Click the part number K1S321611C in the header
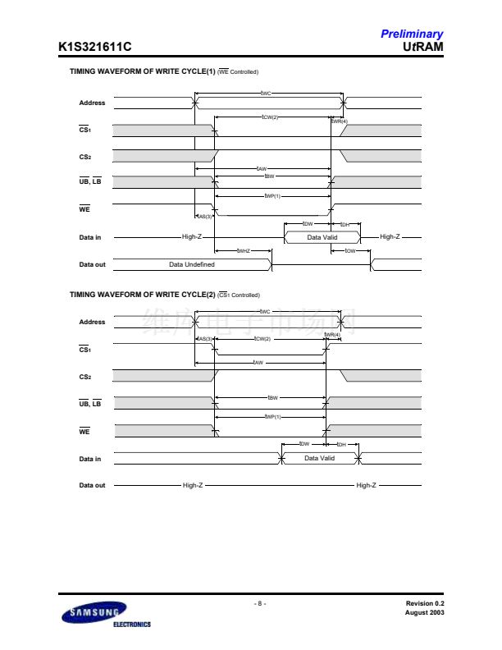(94, 47)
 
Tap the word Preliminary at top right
(411, 34)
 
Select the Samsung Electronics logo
(97, 616)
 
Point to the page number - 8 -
(258, 603)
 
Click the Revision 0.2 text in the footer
(424, 603)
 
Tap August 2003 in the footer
(424, 612)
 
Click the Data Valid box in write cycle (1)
(322, 237)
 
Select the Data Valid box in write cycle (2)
(320, 458)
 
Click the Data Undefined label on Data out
(192, 264)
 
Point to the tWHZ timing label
(243, 250)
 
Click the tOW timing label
(350, 250)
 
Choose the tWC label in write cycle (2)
(264, 312)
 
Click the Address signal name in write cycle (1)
(92, 103)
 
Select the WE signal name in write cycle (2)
(84, 431)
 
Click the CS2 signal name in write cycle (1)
(85, 156)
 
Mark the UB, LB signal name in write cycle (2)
(89, 403)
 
